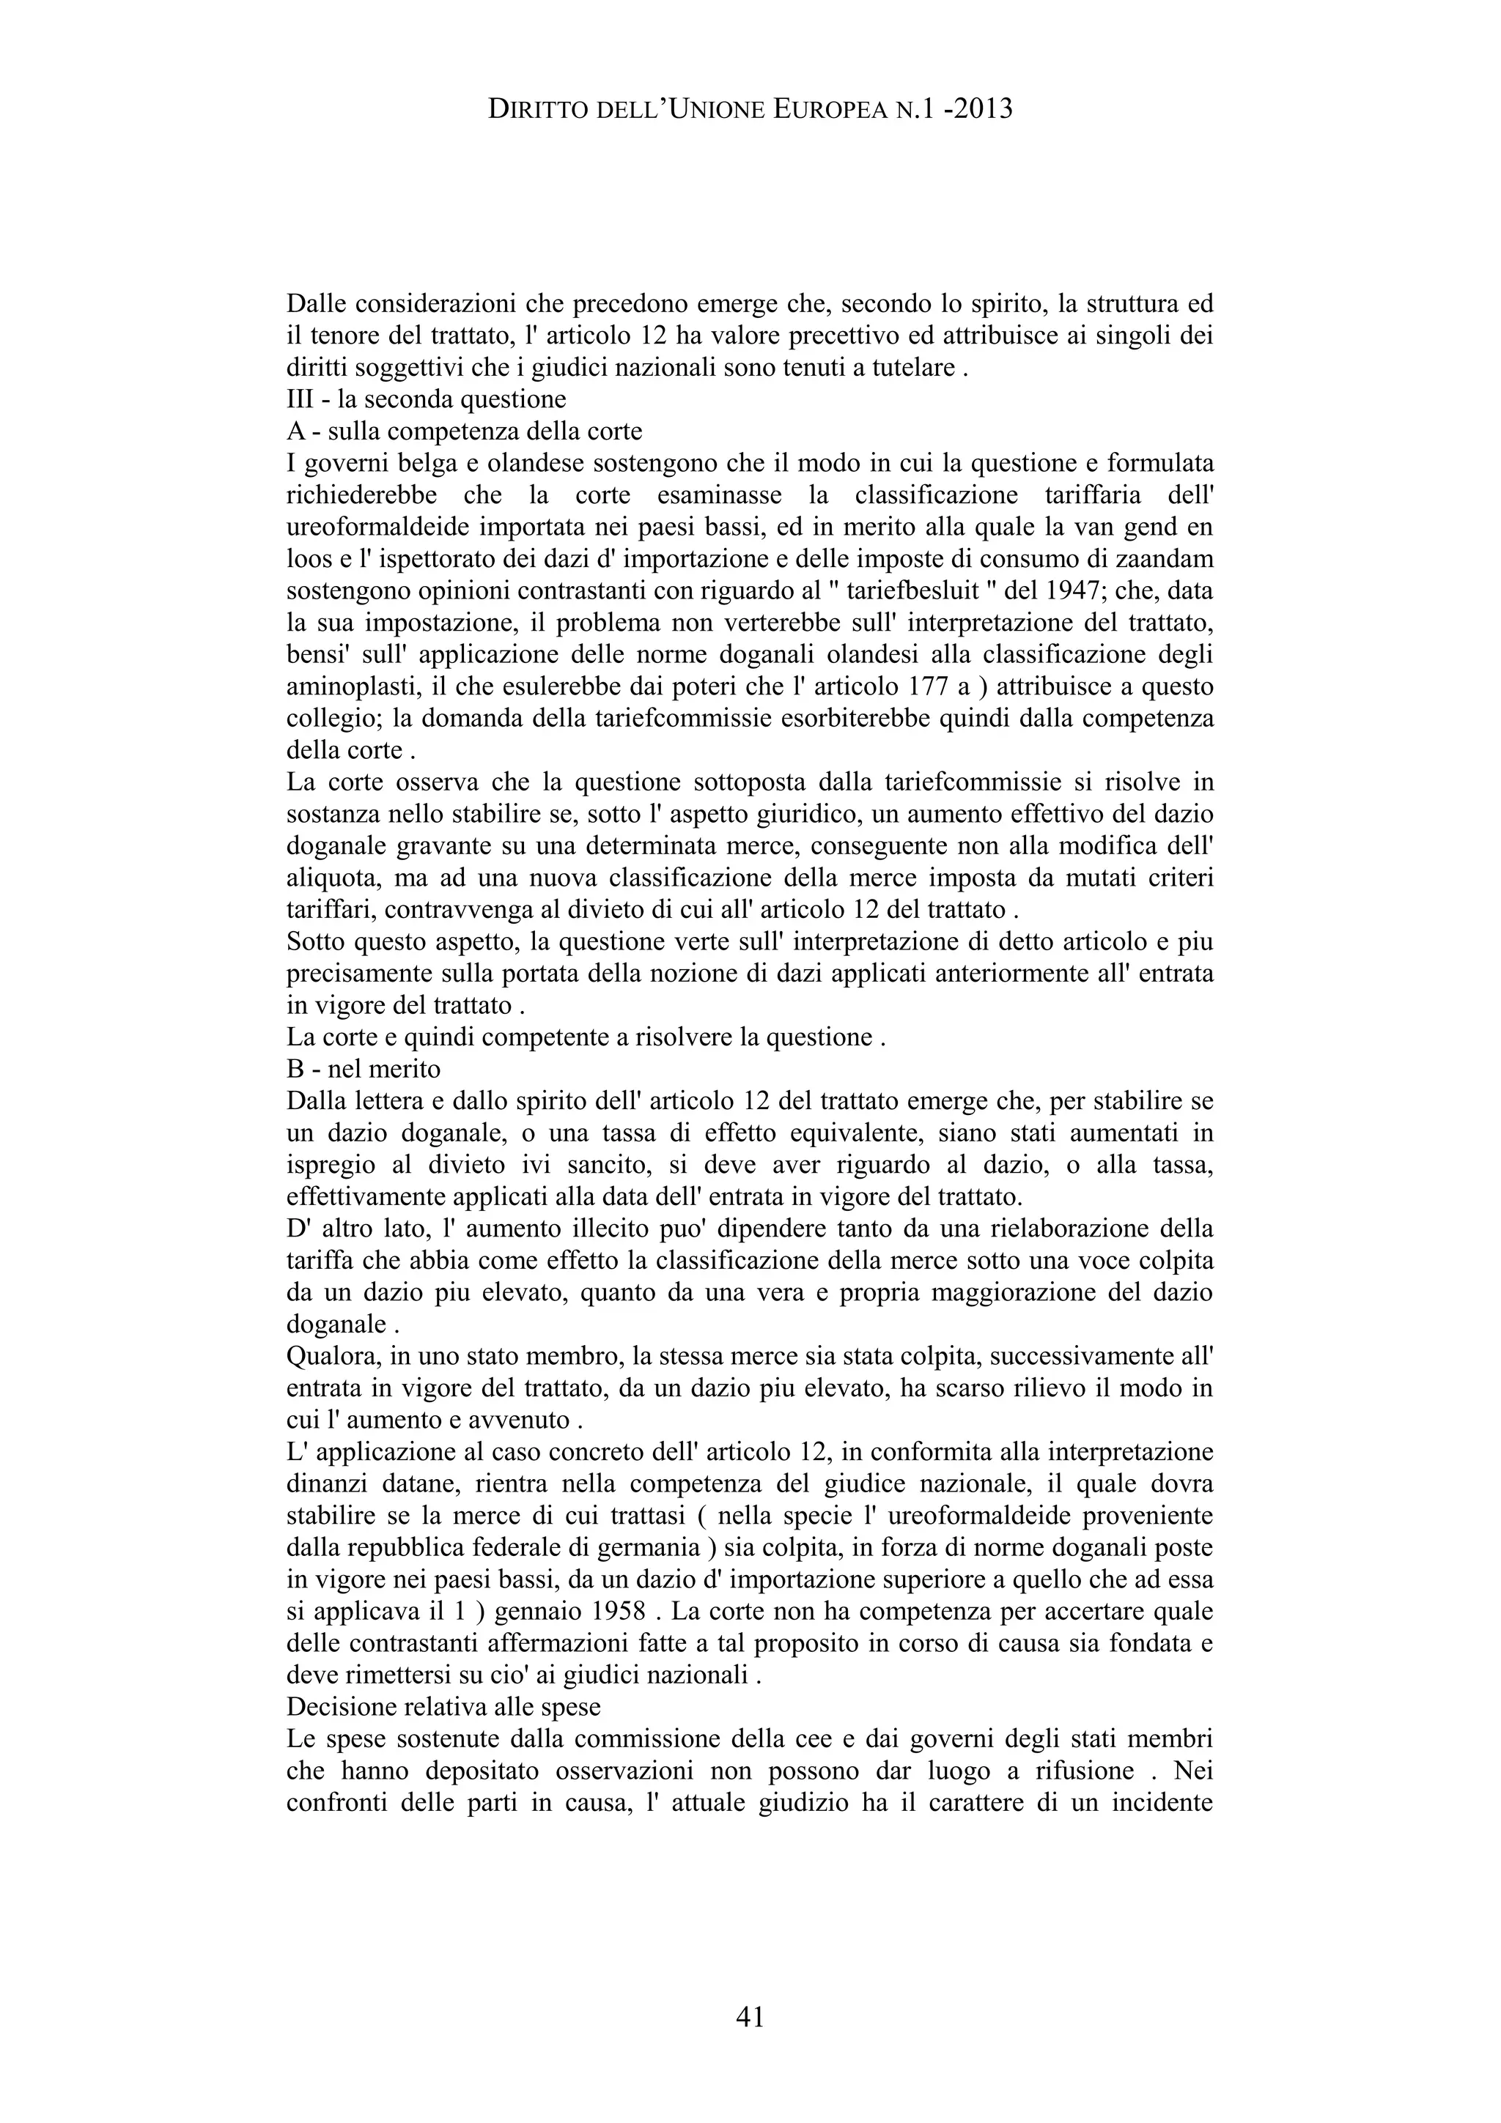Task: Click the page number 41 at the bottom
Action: pyautogui.click(x=750, y=2015)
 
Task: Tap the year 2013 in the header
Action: pyautogui.click(x=982, y=110)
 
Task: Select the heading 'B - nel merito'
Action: pyautogui.click(x=364, y=1069)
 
